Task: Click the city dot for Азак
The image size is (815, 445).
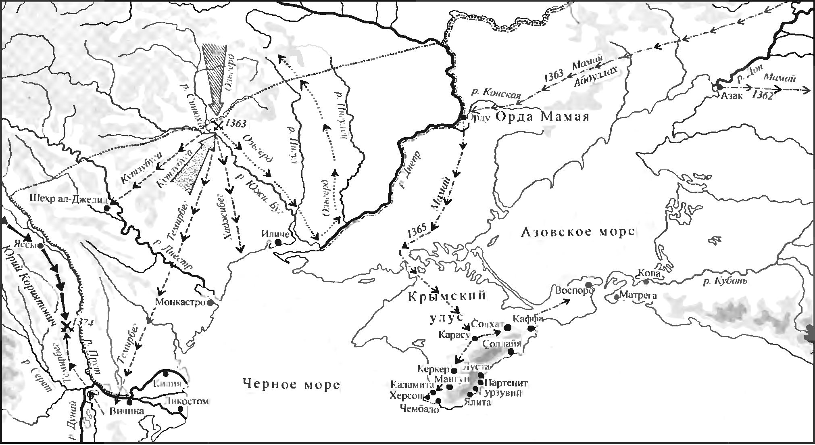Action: [719, 87]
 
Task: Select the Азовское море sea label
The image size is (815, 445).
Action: [577, 232]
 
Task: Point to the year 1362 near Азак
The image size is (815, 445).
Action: [763, 96]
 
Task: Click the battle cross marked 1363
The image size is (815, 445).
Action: [218, 127]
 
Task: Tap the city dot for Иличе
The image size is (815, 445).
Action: [278, 242]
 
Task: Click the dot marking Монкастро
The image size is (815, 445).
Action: [210, 303]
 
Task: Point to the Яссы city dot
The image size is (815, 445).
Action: [41, 245]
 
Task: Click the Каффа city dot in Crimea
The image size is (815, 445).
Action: [531, 329]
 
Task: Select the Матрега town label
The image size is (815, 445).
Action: [638, 296]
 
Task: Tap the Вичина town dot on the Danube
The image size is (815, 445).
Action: [129, 402]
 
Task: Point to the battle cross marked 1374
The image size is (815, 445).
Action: [67, 327]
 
